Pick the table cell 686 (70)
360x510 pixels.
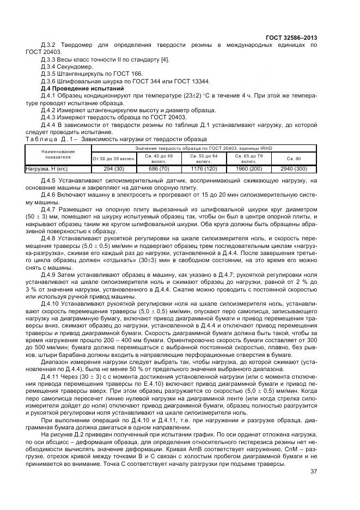pyautogui.click(x=158, y=169)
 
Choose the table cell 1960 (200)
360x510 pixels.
pyautogui.click(x=249, y=169)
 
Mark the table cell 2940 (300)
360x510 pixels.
pyautogui.click(x=294, y=169)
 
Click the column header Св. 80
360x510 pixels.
pyautogui.click(x=294, y=159)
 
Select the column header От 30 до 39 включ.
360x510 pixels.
pyautogui.click(x=113, y=159)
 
